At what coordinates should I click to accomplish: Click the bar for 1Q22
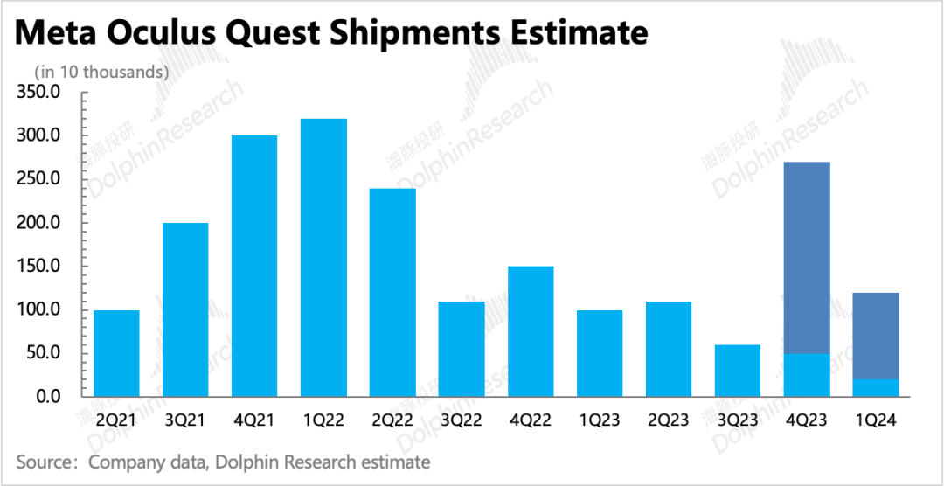(x=323, y=258)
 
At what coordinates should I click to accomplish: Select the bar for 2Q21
(x=116, y=353)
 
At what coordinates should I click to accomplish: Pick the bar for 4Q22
(x=531, y=331)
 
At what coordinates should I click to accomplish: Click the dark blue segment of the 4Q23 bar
(x=807, y=258)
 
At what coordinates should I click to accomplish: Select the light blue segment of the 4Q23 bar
(x=807, y=375)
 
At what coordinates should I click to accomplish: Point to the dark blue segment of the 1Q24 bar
(x=876, y=336)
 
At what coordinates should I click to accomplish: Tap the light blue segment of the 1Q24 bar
(x=876, y=387)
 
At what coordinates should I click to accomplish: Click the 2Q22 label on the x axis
(x=392, y=420)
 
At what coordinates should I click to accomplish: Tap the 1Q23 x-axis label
(x=600, y=420)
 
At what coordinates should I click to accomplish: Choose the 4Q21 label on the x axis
(x=254, y=420)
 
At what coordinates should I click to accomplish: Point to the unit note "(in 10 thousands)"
(x=101, y=72)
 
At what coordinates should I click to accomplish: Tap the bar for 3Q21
(x=185, y=309)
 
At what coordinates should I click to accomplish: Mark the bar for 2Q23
(x=669, y=349)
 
